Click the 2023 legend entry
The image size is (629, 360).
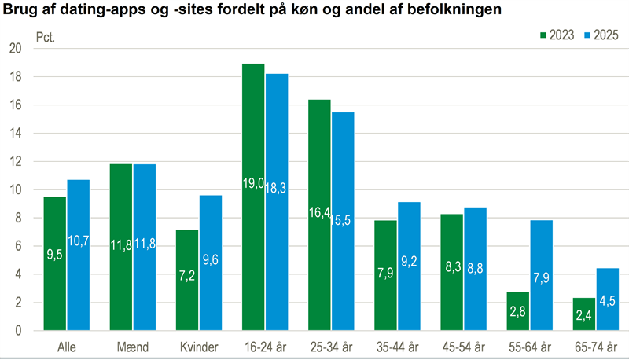click(557, 35)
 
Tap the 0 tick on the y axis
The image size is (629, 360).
click(17, 331)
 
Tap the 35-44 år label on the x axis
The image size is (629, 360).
click(398, 346)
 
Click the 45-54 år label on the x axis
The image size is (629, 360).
click(464, 346)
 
